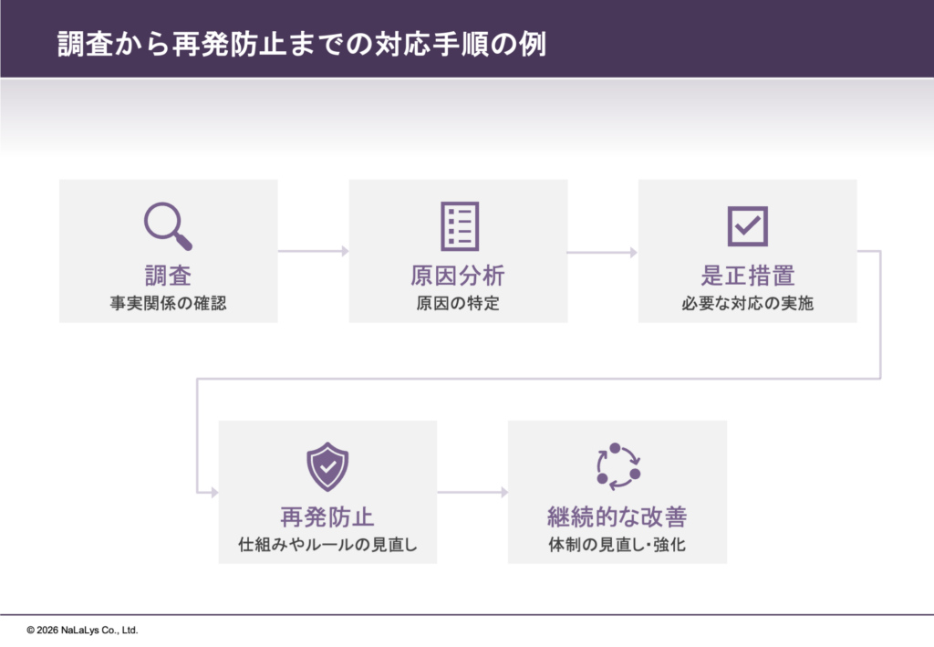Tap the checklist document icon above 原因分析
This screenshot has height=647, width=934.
click(460, 226)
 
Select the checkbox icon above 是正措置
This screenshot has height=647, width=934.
click(748, 226)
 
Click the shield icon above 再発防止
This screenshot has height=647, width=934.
click(327, 466)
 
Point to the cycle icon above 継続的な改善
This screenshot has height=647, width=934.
click(617, 466)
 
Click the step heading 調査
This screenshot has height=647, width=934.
click(168, 276)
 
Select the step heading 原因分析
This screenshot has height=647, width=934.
click(458, 276)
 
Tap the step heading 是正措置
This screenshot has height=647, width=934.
click(748, 276)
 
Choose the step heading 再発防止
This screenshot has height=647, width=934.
click(327, 517)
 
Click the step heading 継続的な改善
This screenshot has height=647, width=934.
click(617, 517)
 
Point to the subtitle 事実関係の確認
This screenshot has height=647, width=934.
click(168, 303)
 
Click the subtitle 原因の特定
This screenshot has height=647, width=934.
click(458, 303)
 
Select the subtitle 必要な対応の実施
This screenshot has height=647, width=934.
click(748, 303)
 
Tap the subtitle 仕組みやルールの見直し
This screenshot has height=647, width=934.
click(327, 545)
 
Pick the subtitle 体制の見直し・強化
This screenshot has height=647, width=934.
click(617, 545)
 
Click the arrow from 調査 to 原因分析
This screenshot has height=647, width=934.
click(314, 251)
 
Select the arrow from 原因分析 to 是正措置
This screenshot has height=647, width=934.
click(602, 252)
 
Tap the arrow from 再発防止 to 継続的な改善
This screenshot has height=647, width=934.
click(473, 492)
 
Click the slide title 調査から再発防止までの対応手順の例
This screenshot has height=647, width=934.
click(301, 44)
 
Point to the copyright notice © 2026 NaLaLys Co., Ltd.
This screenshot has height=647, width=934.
click(82, 630)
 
